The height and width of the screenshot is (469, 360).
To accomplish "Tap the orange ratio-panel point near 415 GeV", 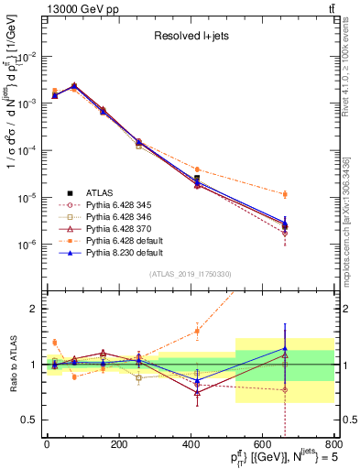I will click(197, 331).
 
